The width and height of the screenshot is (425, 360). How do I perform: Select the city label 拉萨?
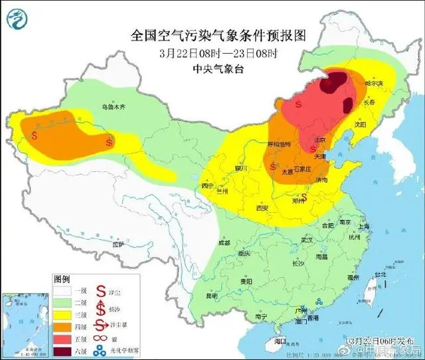tap(118, 244)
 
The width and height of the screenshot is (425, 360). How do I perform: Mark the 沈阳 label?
tap(361, 124)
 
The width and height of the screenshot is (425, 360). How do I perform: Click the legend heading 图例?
tap(61, 279)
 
